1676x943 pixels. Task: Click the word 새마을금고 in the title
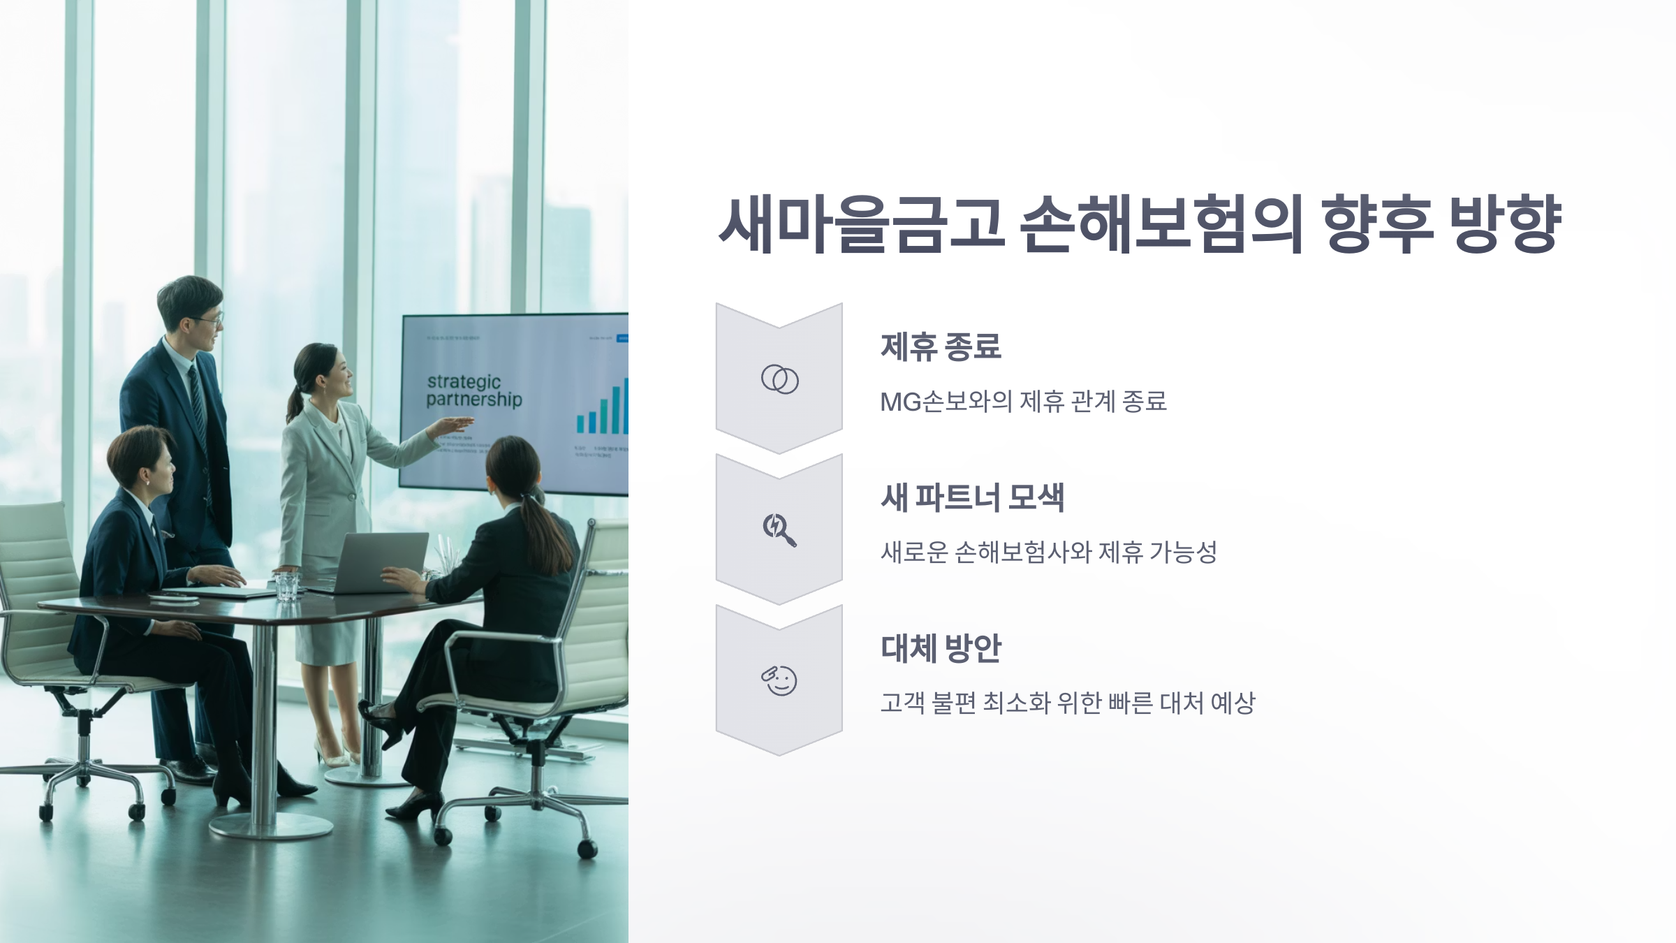862,225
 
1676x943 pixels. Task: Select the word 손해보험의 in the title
1161,225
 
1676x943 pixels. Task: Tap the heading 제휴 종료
941,347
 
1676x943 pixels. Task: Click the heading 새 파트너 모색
972,498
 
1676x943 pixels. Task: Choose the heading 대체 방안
941,649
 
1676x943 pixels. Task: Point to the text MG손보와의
946,402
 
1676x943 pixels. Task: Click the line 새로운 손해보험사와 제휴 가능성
1048,553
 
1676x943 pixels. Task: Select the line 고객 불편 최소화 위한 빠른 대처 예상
1067,703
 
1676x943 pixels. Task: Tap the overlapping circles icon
779,379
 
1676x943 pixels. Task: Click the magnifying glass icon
779,529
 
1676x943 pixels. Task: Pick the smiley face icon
779,680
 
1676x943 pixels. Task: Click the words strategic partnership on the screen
473,390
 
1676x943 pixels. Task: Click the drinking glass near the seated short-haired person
286,587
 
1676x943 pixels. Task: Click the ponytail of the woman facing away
552,531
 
